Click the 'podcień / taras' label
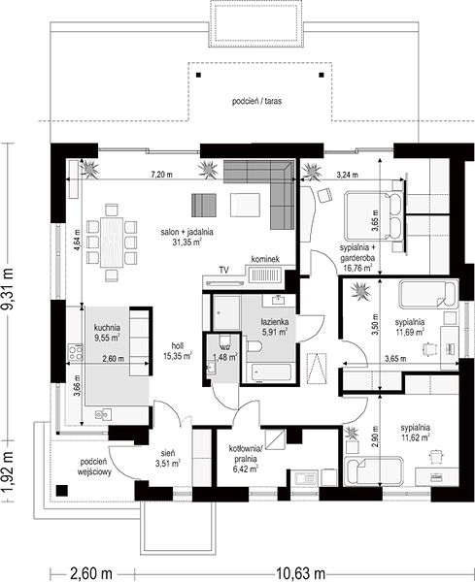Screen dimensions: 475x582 pyautogui.click(x=256, y=101)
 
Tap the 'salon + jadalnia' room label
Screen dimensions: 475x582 pyautogui.click(x=187, y=232)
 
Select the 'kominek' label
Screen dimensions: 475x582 pyautogui.click(x=265, y=259)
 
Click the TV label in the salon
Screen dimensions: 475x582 pyautogui.click(x=223, y=271)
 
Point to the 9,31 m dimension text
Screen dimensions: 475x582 pyautogui.click(x=8, y=288)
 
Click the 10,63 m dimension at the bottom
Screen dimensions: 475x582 pyautogui.click(x=300, y=573)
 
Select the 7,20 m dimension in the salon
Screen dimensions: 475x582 pyautogui.click(x=161, y=174)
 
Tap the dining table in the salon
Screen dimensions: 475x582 pyautogui.click(x=112, y=242)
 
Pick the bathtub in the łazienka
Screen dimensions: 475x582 pyautogui.click(x=271, y=372)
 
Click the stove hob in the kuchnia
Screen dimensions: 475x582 pyautogui.click(x=75, y=352)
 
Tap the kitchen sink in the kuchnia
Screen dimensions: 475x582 pyautogui.click(x=103, y=414)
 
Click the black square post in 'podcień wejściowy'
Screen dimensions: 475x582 pyautogui.click(x=62, y=490)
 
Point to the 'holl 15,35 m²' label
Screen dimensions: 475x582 pyautogui.click(x=178, y=351)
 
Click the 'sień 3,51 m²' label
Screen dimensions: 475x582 pyautogui.click(x=168, y=458)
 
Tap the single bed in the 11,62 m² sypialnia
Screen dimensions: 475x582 pyautogui.click(x=374, y=471)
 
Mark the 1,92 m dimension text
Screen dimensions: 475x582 pyautogui.click(x=8, y=471)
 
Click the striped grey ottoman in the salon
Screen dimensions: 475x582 pyautogui.click(x=204, y=206)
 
